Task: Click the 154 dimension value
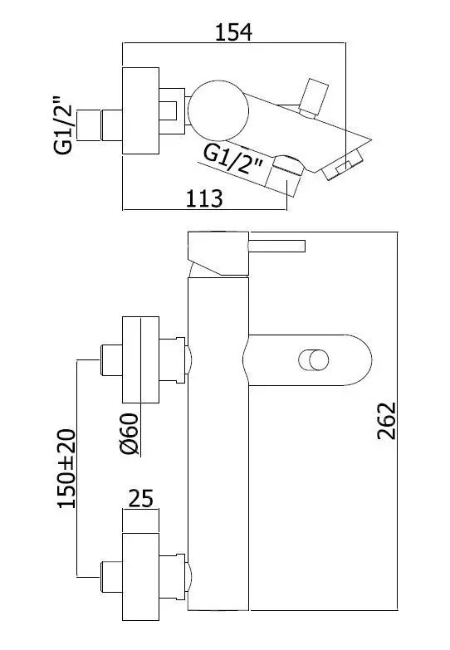[233, 32]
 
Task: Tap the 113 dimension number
[204, 198]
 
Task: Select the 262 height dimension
[387, 420]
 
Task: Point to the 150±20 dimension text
[66, 468]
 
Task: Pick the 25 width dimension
[140, 498]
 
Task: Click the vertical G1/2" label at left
[63, 125]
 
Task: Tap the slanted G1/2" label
[234, 162]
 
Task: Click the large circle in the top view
[218, 110]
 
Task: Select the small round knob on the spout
[314, 359]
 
